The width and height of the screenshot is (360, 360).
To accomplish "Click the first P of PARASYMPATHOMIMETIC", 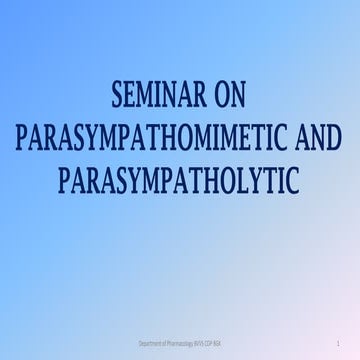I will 23,139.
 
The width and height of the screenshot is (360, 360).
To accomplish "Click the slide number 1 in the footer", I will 341,343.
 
